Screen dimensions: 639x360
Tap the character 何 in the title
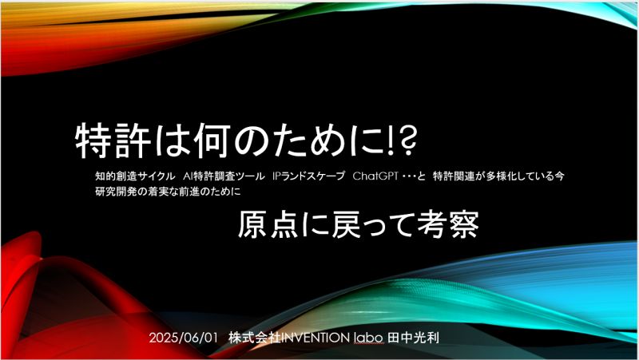pos(213,141)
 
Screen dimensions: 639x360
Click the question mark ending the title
pos(407,141)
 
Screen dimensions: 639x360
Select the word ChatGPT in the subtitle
pos(375,176)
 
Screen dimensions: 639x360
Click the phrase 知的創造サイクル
pos(135,176)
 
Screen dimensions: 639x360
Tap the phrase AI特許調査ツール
pos(224,176)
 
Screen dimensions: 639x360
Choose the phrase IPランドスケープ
pos(309,176)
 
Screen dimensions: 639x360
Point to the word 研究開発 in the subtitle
pos(116,191)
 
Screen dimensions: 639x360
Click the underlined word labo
pos(369,338)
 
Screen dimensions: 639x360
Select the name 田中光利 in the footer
pos(413,338)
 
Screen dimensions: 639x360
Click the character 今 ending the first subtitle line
pos(560,176)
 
